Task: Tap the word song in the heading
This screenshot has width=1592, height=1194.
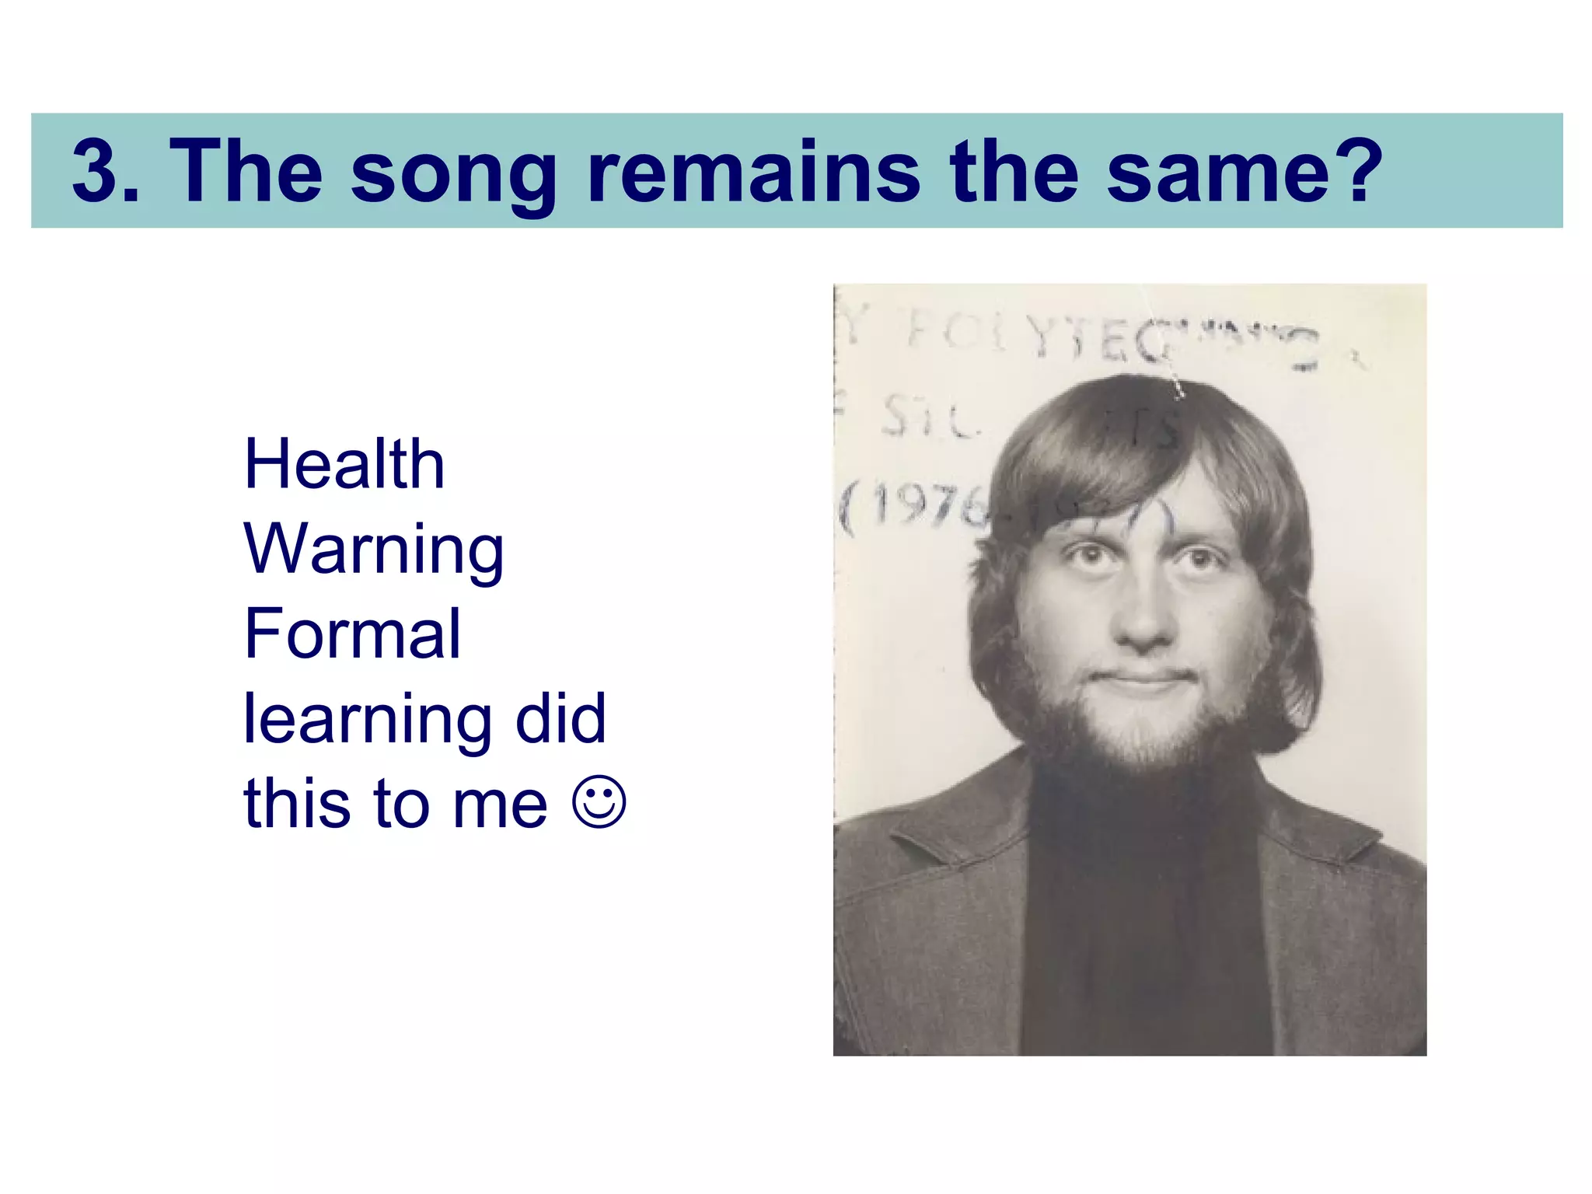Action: pyautogui.click(x=453, y=175)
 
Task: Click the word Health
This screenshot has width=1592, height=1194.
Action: pyautogui.click(x=344, y=464)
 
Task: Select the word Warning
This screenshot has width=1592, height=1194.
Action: pyautogui.click(x=374, y=550)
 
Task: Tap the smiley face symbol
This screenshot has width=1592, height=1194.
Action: pyautogui.click(x=599, y=801)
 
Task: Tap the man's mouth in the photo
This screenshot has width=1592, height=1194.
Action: pyautogui.click(x=1142, y=679)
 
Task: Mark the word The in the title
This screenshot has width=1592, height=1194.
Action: pyautogui.click(x=245, y=171)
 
